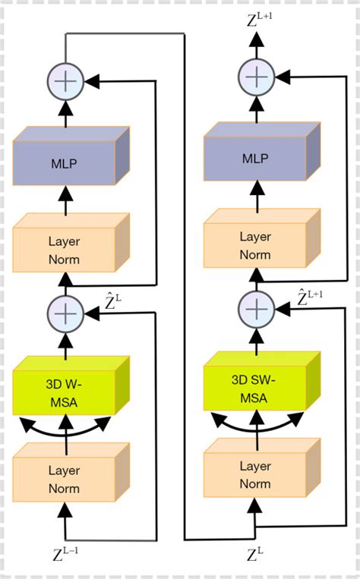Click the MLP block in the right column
pyautogui.click(x=255, y=159)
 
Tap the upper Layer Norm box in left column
pyautogui.click(x=65, y=252)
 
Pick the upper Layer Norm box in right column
pyautogui.click(x=255, y=246)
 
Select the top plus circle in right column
pyautogui.click(x=255, y=76)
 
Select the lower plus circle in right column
pyautogui.click(x=255, y=308)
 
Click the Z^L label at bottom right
pyautogui.click(x=256, y=555)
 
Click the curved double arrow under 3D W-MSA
pyautogui.click(x=65, y=426)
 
